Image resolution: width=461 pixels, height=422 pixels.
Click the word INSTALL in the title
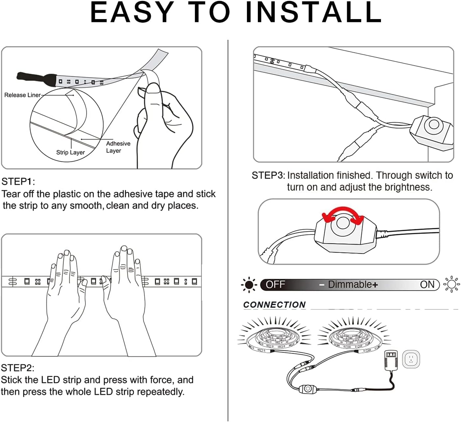[x=313, y=12]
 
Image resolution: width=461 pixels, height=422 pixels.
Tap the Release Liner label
[x=22, y=95]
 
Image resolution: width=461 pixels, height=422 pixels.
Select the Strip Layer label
[x=70, y=152]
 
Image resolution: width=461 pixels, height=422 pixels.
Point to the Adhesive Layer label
[x=118, y=147]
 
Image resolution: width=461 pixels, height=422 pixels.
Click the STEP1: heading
[x=18, y=182]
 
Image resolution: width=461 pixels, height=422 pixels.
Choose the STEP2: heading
[x=17, y=368]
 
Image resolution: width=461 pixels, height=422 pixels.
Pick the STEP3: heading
[x=268, y=175]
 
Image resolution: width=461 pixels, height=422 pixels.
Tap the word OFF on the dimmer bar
[x=275, y=285]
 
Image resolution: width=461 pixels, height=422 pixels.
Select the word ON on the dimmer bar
[x=427, y=285]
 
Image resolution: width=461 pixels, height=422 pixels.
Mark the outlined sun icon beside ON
[x=451, y=284]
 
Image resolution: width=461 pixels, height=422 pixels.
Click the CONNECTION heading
[x=274, y=305]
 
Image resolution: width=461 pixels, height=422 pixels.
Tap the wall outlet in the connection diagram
[x=411, y=359]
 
